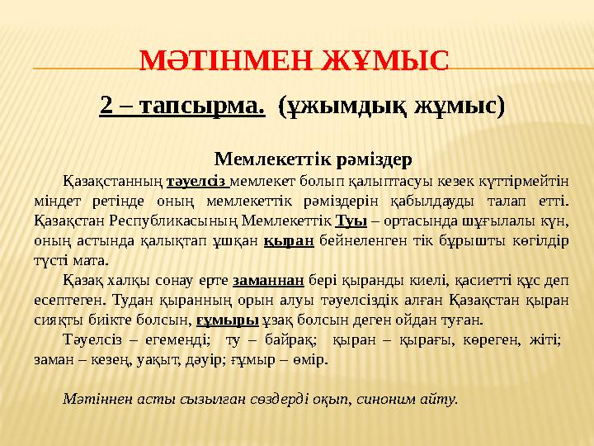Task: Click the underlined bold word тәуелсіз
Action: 196,181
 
